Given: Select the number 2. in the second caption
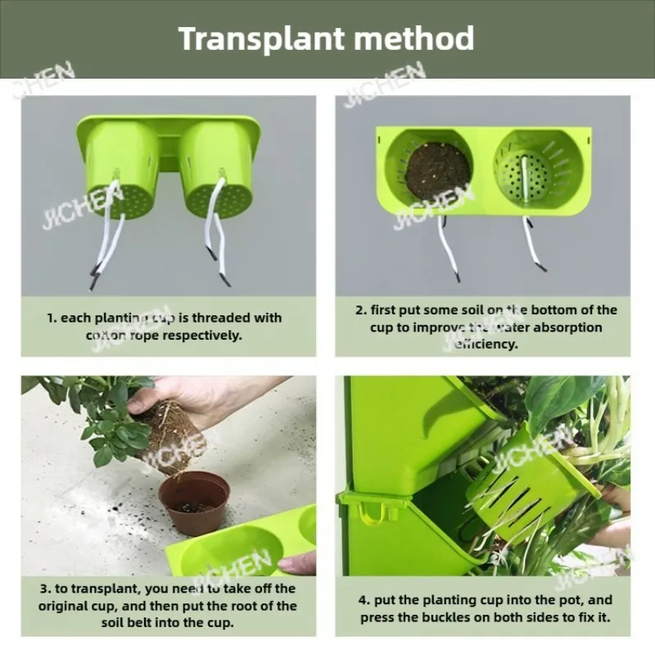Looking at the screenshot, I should coord(360,309).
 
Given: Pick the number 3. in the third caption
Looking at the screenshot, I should coord(46,589).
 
